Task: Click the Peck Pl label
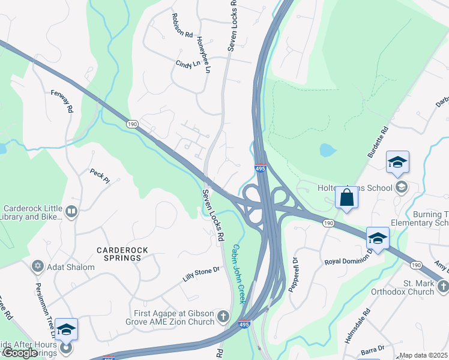click(x=100, y=175)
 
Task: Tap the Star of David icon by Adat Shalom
click(x=38, y=266)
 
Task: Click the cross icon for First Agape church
click(x=223, y=316)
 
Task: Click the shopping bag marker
click(x=347, y=197)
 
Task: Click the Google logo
click(x=20, y=353)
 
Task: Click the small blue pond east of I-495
click(x=328, y=149)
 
